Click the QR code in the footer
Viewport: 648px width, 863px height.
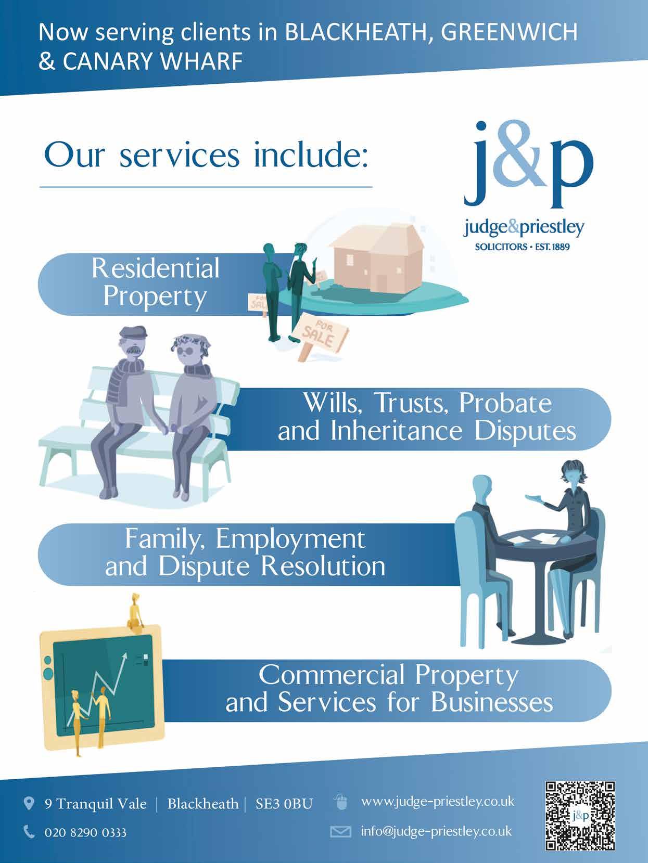click(580, 815)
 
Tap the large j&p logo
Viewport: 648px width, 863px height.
click(528, 166)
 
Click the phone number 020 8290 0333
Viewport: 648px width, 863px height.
click(85, 832)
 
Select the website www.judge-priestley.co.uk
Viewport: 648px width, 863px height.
click(437, 802)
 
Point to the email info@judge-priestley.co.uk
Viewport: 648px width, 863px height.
click(436, 831)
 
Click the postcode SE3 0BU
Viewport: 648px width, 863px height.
click(284, 804)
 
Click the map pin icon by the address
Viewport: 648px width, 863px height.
click(30, 804)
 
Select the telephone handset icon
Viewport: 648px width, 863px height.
click(30, 832)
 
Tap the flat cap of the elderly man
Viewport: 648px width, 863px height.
click(130, 333)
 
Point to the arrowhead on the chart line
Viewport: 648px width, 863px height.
click(124, 658)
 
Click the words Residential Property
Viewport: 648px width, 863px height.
click(155, 282)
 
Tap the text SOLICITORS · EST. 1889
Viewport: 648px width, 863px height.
click(522, 247)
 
